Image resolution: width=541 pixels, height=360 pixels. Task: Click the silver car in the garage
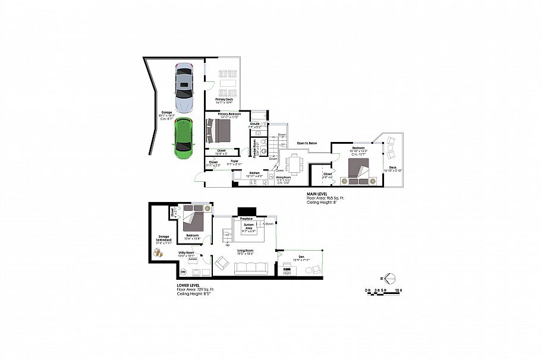[x=185, y=89]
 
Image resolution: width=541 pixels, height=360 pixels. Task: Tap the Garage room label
[x=167, y=112]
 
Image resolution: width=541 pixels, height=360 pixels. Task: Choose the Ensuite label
[x=254, y=124]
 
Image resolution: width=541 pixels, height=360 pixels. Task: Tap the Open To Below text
[x=307, y=143]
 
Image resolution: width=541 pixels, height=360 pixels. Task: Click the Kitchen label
[x=255, y=173]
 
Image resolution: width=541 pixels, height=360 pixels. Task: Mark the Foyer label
[x=234, y=161]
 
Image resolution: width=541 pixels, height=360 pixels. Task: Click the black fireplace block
[x=246, y=210]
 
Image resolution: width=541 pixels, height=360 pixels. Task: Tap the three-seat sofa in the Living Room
[x=252, y=268]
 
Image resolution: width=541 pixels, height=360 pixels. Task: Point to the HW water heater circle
[x=183, y=272]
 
